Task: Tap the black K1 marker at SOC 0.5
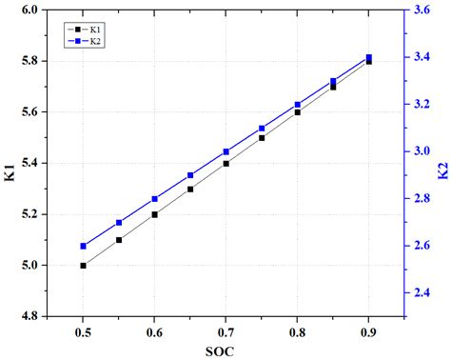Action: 84,266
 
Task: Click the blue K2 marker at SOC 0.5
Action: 84,246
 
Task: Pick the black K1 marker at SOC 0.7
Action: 225,164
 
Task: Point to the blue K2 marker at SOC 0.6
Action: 155,199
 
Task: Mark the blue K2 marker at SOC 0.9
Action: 368,57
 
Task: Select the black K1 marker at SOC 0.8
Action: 297,112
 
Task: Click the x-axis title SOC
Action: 225,350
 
